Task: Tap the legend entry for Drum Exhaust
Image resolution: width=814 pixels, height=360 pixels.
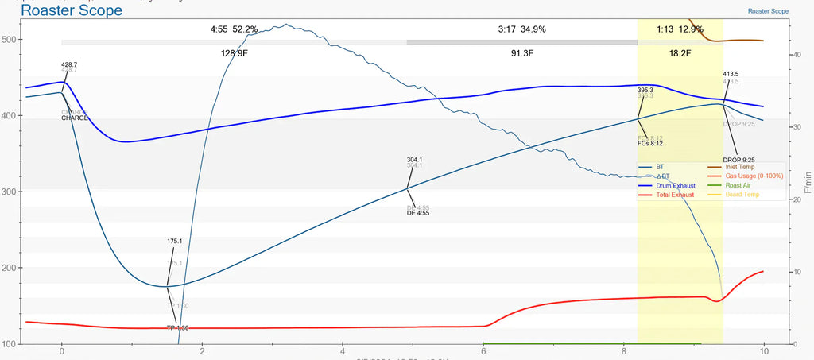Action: [x=676, y=185]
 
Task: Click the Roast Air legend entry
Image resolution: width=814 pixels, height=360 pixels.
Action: [x=738, y=185]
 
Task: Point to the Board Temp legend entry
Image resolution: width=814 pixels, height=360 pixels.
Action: [x=742, y=195]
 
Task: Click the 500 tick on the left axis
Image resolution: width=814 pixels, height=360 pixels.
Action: [x=11, y=40]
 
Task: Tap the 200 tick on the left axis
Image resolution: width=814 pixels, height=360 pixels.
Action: [x=11, y=268]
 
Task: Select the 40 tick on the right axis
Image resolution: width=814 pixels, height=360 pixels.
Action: [x=798, y=54]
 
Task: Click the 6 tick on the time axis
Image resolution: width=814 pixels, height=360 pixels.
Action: [x=483, y=351]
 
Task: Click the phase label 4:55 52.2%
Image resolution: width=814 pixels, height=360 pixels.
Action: [x=234, y=29]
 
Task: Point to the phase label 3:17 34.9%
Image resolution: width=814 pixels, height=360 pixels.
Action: [x=521, y=29]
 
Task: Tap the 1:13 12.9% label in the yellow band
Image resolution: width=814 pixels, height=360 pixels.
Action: [x=680, y=29]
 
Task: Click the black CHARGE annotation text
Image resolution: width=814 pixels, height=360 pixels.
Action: [x=75, y=118]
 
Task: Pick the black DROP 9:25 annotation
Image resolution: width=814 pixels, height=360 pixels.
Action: [x=738, y=160]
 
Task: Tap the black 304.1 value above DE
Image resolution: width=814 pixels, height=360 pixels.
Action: [x=414, y=160]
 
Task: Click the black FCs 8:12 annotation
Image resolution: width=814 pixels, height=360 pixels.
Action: [x=649, y=143]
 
